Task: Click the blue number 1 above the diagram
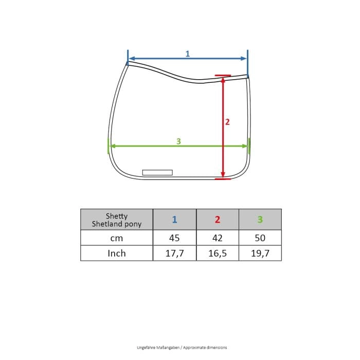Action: (188, 53)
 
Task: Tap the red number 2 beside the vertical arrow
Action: (227, 122)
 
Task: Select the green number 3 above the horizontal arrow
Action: (178, 141)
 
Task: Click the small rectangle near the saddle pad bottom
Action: (157, 172)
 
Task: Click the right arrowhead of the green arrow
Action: (244, 146)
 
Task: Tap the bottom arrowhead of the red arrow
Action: (223, 175)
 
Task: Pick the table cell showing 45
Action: (174, 238)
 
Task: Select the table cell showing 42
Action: (218, 238)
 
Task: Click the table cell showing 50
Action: (260, 238)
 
